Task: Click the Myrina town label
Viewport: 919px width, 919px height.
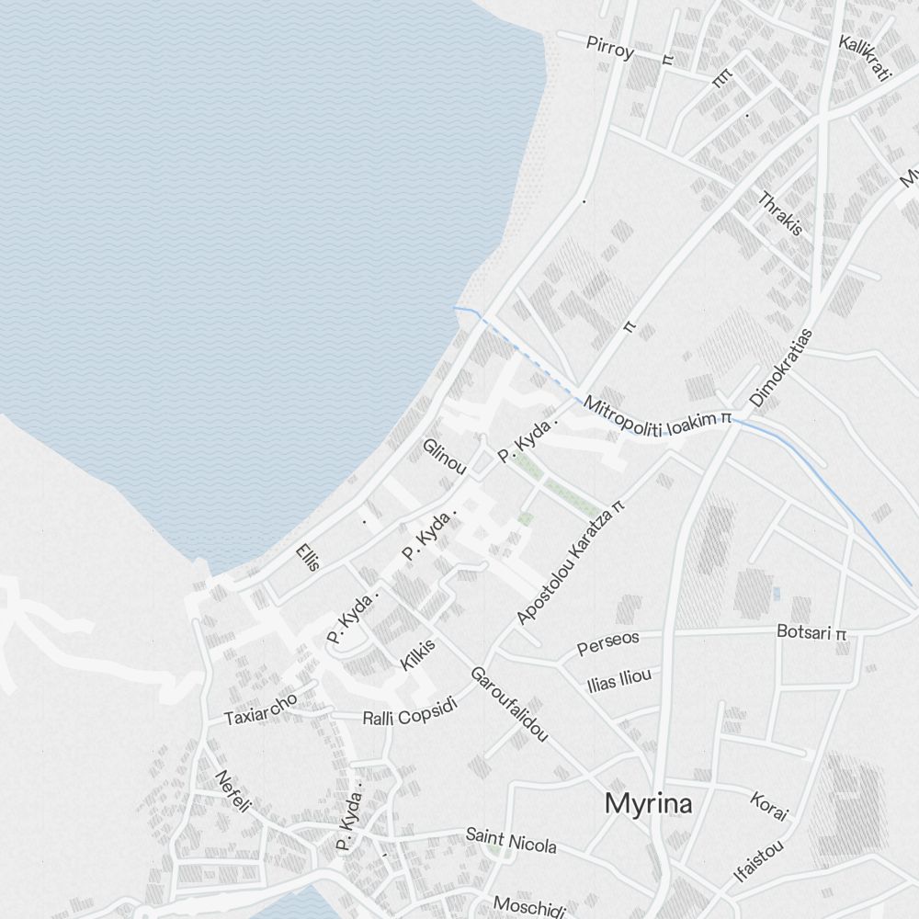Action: [648, 804]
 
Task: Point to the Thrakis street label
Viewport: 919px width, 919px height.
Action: [780, 212]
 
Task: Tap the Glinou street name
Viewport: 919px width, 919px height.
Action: [445, 457]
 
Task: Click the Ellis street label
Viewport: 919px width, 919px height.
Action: [308, 557]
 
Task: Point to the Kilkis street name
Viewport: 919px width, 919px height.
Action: [418, 654]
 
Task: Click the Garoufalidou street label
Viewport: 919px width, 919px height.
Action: [509, 704]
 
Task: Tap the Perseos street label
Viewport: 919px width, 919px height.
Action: [607, 642]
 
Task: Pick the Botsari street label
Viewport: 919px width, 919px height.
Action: [811, 632]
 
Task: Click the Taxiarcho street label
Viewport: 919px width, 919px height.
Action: [261, 709]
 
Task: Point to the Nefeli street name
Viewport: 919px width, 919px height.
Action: [233, 791]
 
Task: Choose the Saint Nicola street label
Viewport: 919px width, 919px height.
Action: [510, 840]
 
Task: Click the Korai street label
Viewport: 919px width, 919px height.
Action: [769, 805]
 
